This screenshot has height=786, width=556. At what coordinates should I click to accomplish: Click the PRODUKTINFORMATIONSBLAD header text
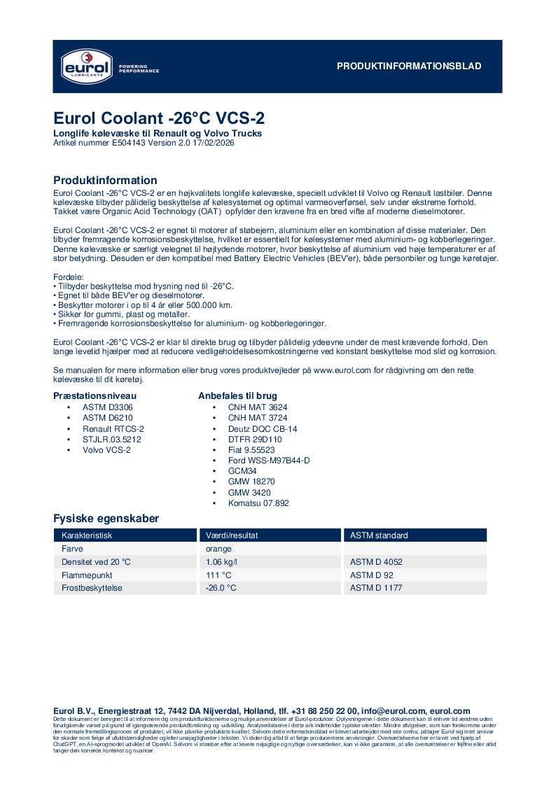(x=409, y=66)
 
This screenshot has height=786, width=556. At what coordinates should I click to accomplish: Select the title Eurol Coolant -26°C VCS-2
(x=159, y=118)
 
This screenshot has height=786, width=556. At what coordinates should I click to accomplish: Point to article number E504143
(x=130, y=143)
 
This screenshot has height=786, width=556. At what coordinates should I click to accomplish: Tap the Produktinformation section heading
(x=105, y=180)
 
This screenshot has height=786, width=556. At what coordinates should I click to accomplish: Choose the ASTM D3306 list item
(x=108, y=407)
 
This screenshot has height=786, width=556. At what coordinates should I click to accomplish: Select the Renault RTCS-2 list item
(x=113, y=428)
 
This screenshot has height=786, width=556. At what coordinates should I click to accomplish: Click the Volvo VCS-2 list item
(x=106, y=450)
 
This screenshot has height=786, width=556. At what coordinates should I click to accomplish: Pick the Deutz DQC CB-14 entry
(x=263, y=428)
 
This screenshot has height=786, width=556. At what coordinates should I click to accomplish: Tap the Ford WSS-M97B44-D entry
(x=269, y=461)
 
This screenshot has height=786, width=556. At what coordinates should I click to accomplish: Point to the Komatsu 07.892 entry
(x=258, y=503)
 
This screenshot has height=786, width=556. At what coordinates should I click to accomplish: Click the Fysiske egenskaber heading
(x=106, y=519)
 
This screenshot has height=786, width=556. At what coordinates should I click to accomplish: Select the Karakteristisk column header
(x=87, y=535)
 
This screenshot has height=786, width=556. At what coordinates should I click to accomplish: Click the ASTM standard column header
(x=379, y=535)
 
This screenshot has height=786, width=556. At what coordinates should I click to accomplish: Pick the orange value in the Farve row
(x=218, y=549)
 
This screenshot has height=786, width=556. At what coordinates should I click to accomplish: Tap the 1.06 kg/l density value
(x=221, y=562)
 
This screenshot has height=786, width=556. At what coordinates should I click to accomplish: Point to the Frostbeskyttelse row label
(x=92, y=588)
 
